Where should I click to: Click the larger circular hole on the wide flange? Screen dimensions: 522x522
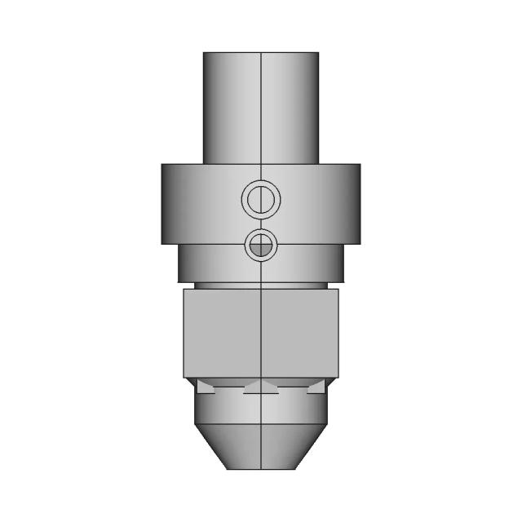(x=261, y=198)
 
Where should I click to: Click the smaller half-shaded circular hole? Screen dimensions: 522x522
(x=261, y=245)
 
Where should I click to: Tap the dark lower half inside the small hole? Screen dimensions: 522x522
(x=261, y=250)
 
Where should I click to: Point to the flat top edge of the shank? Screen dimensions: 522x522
(x=261, y=53)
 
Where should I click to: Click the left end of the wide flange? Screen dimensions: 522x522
(x=163, y=204)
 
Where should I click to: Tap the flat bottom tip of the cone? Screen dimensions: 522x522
(x=261, y=468)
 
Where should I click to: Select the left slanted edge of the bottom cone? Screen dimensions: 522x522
(x=211, y=446)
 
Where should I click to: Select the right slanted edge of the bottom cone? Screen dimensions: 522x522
(x=311, y=446)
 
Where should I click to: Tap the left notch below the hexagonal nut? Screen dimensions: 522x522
(x=204, y=387)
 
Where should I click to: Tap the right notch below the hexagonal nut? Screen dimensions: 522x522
(x=317, y=387)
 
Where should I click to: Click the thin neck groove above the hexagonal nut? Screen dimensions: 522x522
(x=261, y=285)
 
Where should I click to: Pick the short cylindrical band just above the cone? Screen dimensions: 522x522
(x=261, y=409)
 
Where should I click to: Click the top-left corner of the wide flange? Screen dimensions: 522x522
(x=162, y=165)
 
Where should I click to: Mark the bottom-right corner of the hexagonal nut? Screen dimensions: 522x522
(x=338, y=377)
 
